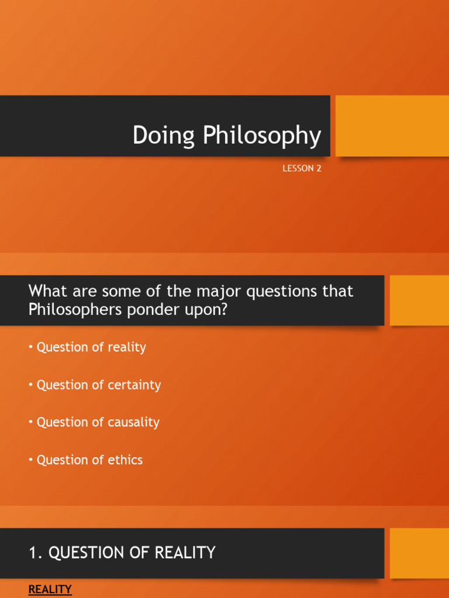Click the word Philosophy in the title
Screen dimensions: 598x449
[262, 136]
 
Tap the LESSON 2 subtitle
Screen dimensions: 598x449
[302, 169]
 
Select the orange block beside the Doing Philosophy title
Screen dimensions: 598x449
[392, 126]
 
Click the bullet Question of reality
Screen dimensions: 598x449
[91, 347]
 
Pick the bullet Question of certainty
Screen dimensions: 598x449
[98, 385]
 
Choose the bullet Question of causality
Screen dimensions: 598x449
[98, 422]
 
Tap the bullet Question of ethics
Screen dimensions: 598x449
[89, 460]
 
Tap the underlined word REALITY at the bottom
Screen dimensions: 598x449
[50, 590]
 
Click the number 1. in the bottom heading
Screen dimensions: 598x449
[36, 552]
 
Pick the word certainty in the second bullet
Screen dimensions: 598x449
[133, 385]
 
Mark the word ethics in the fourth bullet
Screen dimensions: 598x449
[125, 460]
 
